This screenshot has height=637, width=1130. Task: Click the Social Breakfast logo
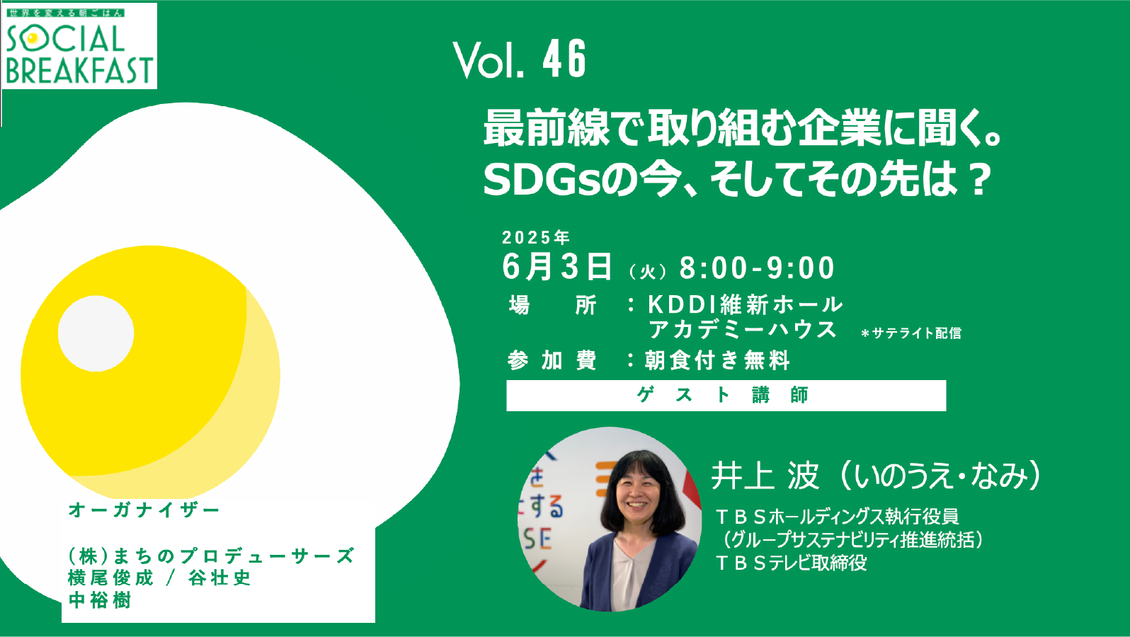point(80,46)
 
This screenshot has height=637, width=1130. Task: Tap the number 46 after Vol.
point(564,59)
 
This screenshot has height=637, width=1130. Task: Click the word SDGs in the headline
point(542,180)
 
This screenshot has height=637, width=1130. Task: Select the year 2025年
point(536,238)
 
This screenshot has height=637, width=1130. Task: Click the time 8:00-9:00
point(757,268)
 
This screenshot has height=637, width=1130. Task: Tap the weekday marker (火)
point(647,272)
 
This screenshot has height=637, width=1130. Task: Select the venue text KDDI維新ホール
point(745,304)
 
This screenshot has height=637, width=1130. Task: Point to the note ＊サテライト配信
point(911,333)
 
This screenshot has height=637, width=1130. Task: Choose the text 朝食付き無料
point(717,361)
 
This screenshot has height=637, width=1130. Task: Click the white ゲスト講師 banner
point(726,396)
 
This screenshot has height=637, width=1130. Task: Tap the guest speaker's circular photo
point(610,520)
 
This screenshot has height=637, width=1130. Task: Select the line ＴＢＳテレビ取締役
point(791,563)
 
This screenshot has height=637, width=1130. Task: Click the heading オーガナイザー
point(144,510)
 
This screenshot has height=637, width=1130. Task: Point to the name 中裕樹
point(99,600)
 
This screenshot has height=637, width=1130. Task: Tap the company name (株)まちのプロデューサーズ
point(211,556)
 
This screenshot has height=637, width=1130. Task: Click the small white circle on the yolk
point(96,333)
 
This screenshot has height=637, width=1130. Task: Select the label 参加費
point(552,361)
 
